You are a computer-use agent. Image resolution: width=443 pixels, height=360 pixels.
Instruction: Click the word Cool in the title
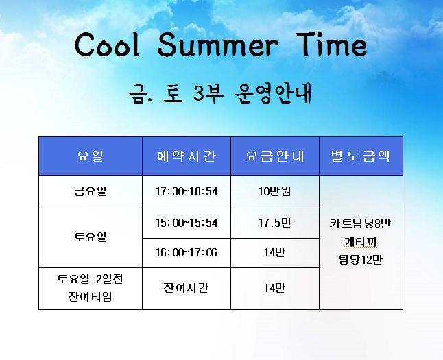[108, 45]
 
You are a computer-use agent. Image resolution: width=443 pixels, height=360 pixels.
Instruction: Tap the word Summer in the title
[218, 45]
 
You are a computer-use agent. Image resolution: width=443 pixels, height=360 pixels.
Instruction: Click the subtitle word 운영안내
[273, 93]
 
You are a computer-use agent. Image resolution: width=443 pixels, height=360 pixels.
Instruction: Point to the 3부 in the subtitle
[208, 93]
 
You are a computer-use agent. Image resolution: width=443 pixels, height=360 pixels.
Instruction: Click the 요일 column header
[90, 156]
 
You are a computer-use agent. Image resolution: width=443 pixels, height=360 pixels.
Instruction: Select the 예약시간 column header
[187, 156]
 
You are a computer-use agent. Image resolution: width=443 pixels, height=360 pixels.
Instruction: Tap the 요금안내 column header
[274, 156]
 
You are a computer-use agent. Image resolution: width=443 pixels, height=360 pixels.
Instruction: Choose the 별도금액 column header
[361, 156]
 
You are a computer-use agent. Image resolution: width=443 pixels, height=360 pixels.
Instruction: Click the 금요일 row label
[91, 191]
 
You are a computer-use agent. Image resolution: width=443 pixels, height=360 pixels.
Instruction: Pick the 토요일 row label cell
[91, 237]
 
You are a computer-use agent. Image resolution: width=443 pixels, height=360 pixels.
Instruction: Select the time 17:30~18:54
[187, 191]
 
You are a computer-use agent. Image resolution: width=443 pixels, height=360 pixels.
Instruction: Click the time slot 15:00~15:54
[187, 223]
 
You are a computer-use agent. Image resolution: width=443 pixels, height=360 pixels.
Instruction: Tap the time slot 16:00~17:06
[187, 252]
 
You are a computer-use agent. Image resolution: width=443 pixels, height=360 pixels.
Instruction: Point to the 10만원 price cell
[274, 191]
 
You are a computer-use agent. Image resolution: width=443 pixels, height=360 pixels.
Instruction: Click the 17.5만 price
[274, 223]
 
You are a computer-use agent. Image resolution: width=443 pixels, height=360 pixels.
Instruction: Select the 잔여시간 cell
[186, 288]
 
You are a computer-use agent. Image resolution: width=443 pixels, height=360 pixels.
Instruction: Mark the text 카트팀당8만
[360, 224]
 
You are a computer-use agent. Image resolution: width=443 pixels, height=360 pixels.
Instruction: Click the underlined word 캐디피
[361, 242]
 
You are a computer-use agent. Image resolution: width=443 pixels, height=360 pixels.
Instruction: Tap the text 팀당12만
[361, 260]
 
